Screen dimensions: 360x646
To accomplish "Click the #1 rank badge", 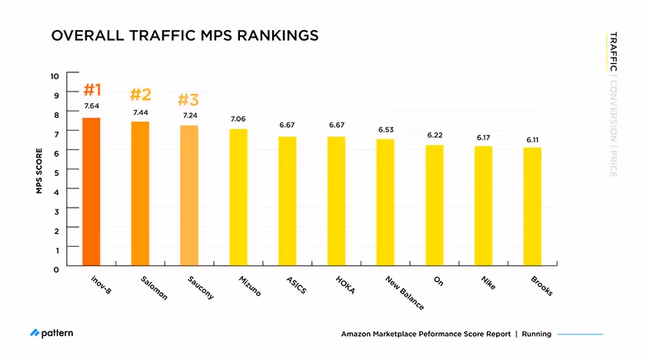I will click(92, 88).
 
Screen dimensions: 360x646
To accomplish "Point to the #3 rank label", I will click(188, 100).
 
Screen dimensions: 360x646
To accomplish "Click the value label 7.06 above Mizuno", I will click(238, 119).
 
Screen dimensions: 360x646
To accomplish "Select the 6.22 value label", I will click(435, 135).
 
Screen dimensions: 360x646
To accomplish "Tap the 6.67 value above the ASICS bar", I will click(287, 125).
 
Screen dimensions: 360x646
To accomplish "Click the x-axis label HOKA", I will click(336, 284).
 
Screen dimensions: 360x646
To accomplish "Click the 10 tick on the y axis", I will click(54, 75).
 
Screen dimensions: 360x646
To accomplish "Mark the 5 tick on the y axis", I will click(55, 172).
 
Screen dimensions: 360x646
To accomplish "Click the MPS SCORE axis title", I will click(39, 171).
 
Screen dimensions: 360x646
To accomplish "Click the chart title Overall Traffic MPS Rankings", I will click(184, 36).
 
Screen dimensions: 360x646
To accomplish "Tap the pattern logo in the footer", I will click(52, 333).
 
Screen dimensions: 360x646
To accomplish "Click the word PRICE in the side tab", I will click(612, 163).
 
